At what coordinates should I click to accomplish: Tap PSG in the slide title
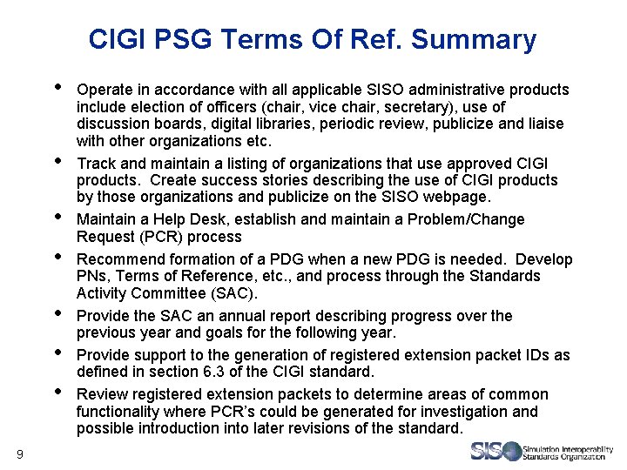[185, 40]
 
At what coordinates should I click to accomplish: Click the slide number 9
[20, 453]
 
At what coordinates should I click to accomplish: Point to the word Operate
[104, 90]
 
